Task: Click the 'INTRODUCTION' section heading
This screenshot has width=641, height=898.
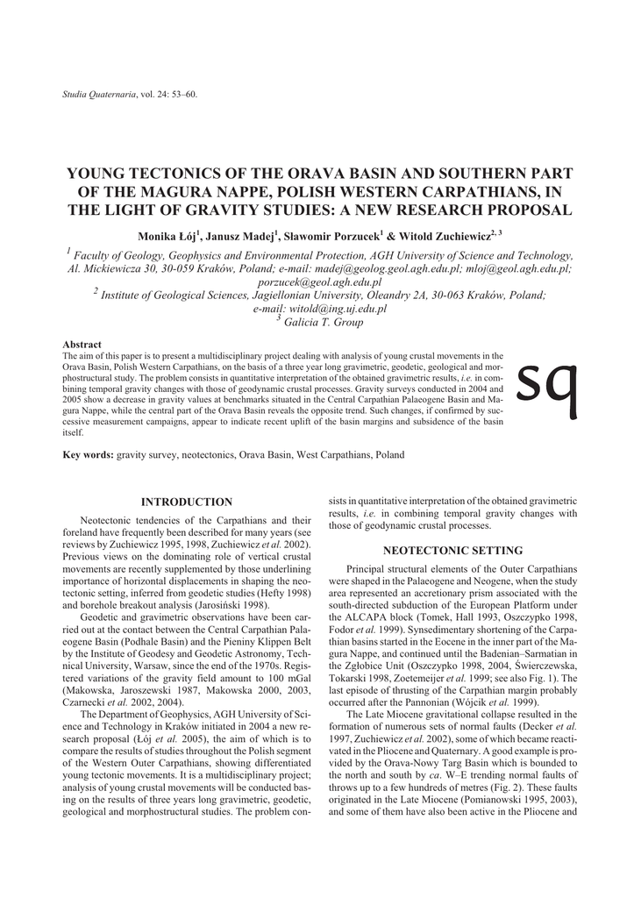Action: coord(187,502)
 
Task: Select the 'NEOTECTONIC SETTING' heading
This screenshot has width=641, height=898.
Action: coord(453,551)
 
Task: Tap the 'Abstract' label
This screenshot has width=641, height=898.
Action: coord(82,345)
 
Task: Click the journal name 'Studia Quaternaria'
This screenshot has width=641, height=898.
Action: coord(97,94)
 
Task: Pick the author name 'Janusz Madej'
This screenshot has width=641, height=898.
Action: coord(239,237)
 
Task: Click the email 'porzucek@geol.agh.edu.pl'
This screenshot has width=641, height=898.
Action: coord(320,282)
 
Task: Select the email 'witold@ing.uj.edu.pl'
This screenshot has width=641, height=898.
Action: coord(320,310)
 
